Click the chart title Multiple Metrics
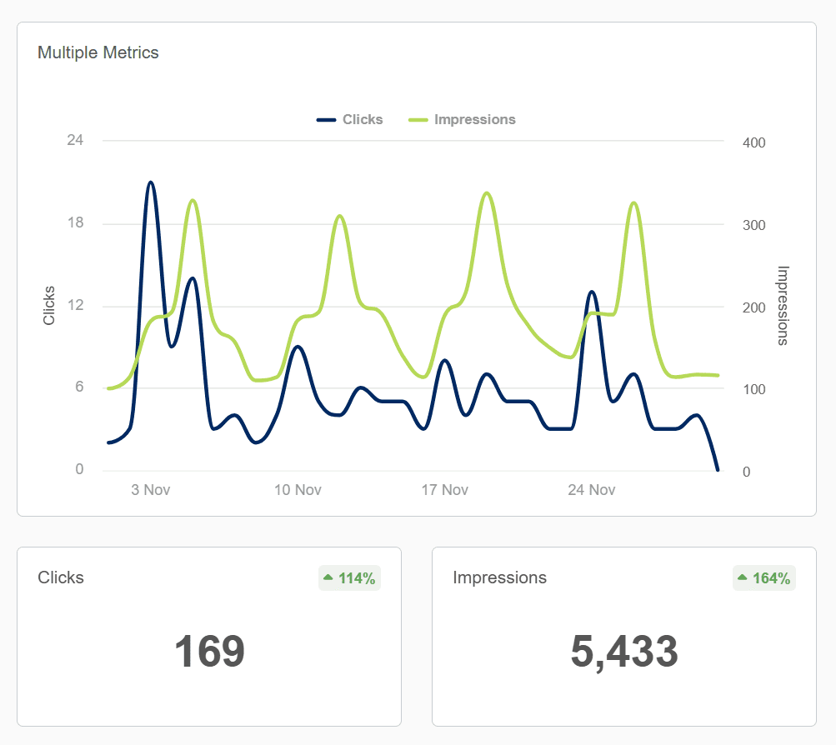[98, 52]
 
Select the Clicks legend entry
[350, 119]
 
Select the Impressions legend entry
[463, 119]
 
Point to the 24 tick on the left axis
[75, 140]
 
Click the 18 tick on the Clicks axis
[75, 222]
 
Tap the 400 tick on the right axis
[753, 142]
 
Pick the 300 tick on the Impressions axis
[753, 225]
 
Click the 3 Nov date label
[151, 490]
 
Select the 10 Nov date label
[298, 490]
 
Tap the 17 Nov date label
[444, 490]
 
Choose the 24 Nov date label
[591, 490]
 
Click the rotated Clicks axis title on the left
[49, 305]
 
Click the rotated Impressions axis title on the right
[783, 305]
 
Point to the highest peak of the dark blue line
[150, 182]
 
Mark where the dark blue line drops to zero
[717, 470]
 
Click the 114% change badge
[349, 577]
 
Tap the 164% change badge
[764, 577]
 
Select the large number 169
[209, 652]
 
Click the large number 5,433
[624, 652]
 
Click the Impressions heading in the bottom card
[499, 577]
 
